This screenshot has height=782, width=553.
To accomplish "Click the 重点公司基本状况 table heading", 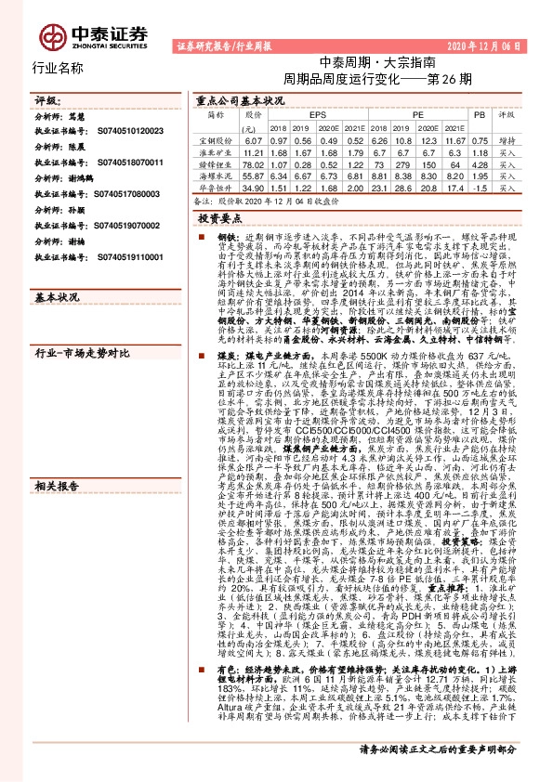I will pyautogui.click(x=240, y=98).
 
